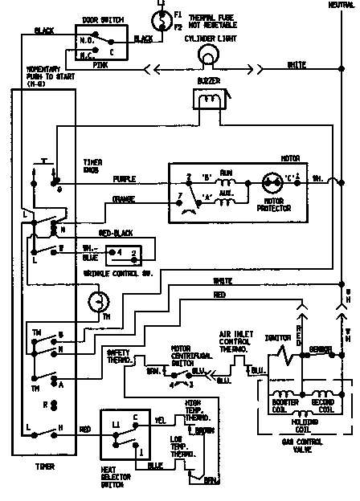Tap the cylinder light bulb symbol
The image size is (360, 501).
point(210,54)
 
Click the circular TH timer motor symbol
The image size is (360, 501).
point(96,301)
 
